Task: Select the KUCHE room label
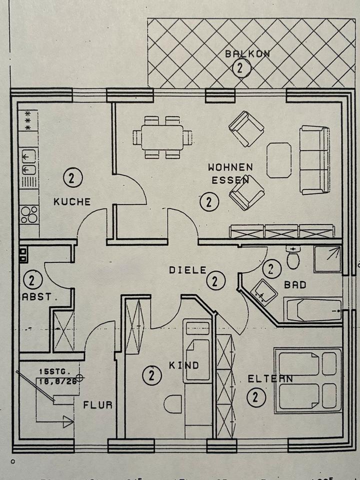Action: coord(72,202)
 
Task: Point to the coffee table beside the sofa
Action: coord(279,160)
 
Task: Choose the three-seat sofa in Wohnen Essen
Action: coord(315,160)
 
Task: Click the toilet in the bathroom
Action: coord(293,258)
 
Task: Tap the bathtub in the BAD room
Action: coord(313,310)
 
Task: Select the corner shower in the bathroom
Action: coord(327,259)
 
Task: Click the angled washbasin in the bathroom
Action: coord(263,292)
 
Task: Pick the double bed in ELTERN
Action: coord(308,380)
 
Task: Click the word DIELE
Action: coord(187,270)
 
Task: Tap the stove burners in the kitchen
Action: coord(29,214)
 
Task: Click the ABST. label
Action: coord(36,296)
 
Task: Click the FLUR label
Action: coord(97,405)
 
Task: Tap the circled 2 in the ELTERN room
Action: coord(255,397)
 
